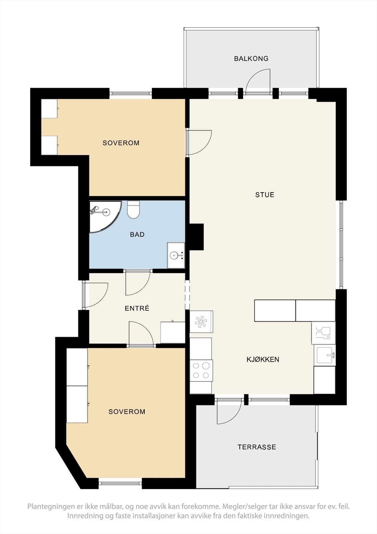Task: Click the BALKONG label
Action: (x=251, y=59)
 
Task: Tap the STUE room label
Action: (x=265, y=195)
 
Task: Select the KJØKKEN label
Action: (x=263, y=360)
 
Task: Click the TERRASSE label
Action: (x=257, y=447)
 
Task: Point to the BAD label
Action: (x=137, y=235)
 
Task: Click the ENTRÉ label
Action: (x=137, y=309)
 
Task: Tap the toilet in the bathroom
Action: (x=133, y=210)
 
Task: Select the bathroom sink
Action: (x=175, y=256)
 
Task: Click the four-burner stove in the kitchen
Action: (x=201, y=370)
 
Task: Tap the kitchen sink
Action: (x=325, y=355)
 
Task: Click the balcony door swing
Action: (x=258, y=80)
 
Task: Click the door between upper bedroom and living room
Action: (x=199, y=143)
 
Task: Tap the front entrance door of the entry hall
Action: (x=96, y=295)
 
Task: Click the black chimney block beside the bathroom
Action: (x=196, y=237)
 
